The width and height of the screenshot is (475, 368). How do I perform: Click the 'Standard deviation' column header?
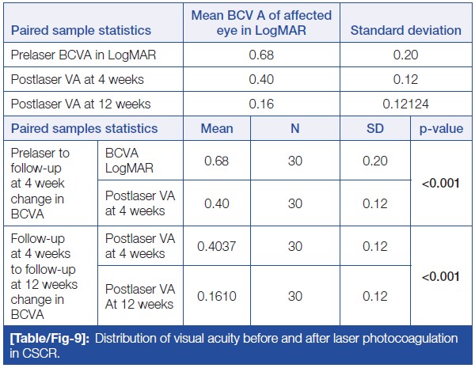[x=406, y=30]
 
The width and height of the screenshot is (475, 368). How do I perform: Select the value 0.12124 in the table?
[x=406, y=104]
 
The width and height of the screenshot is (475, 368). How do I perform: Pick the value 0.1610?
[x=217, y=298]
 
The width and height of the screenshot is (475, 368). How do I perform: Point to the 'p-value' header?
[x=442, y=128]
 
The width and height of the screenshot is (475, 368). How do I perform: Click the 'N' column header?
[x=294, y=128]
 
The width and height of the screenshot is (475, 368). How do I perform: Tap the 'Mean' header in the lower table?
[x=217, y=128]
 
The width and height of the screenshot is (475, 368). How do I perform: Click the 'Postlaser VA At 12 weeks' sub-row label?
[x=140, y=298]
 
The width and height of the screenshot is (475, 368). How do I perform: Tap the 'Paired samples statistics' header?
[x=85, y=128]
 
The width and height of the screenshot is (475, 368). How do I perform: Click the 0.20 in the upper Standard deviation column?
[x=406, y=55]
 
